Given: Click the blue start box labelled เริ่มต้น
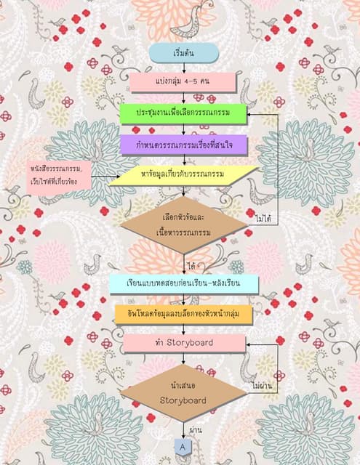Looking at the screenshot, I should [183, 52].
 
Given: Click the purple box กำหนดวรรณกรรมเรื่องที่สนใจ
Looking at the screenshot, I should [183, 145].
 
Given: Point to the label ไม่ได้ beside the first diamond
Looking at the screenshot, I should [263, 217].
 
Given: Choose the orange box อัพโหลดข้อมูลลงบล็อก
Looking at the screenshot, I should [183, 313].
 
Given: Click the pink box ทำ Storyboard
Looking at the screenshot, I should [183, 341].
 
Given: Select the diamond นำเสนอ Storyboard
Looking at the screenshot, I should [183, 393].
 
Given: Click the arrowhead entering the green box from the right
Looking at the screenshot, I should [251, 115].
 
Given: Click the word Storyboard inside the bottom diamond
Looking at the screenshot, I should [183, 400].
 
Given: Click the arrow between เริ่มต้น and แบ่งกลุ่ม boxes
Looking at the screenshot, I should [183, 66].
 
